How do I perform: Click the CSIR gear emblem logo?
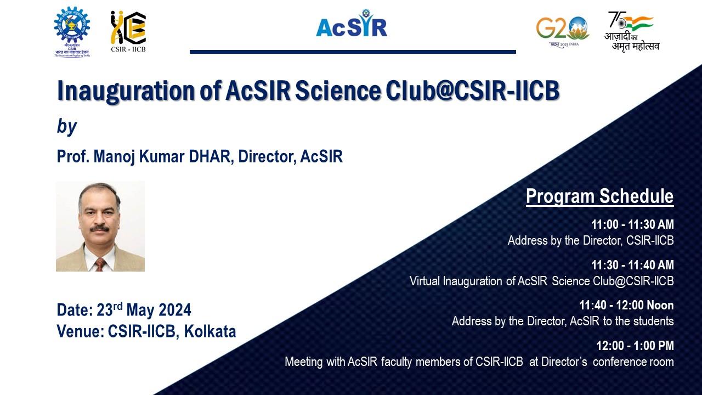click(72, 26)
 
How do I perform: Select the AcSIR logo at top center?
click(352, 24)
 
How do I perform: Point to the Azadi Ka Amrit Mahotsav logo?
click(632, 31)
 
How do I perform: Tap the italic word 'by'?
click(67, 127)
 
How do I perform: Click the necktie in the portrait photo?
click(100, 264)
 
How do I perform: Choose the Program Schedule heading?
click(599, 196)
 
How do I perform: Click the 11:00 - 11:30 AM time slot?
click(632, 224)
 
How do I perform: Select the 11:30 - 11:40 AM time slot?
click(632, 265)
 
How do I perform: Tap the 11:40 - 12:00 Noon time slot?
click(626, 305)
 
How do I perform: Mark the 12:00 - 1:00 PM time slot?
click(635, 346)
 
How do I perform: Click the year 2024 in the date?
click(174, 311)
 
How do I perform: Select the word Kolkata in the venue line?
click(210, 331)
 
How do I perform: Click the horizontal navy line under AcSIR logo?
click(353, 52)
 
